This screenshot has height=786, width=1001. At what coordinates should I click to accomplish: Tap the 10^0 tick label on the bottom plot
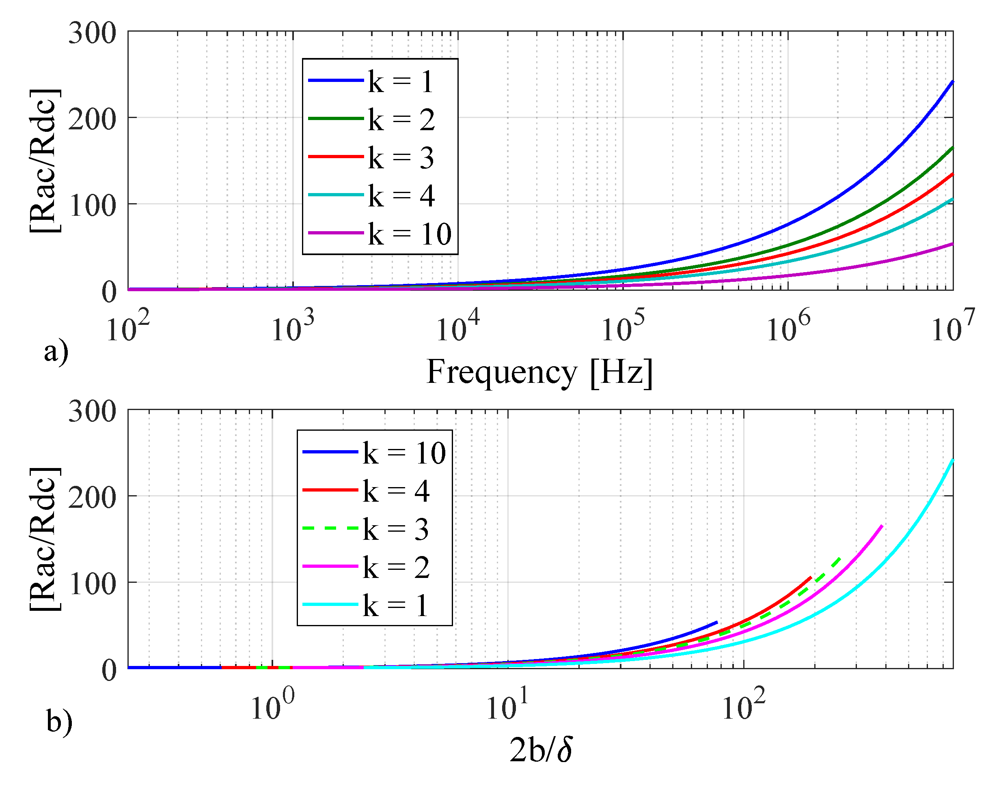[x=272, y=705]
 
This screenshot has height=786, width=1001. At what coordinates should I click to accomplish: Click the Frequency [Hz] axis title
[x=539, y=372]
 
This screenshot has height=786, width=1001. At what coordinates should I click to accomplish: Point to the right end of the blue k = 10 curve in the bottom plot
[x=717, y=623]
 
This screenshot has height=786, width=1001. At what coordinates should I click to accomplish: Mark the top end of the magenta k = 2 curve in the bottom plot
[x=882, y=526]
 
